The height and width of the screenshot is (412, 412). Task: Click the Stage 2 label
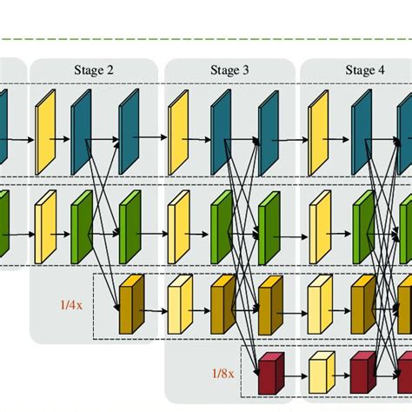point(94,70)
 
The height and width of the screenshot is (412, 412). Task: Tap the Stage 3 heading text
point(229,70)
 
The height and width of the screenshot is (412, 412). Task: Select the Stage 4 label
point(365,70)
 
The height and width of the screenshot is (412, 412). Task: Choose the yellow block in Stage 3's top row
point(178,126)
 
